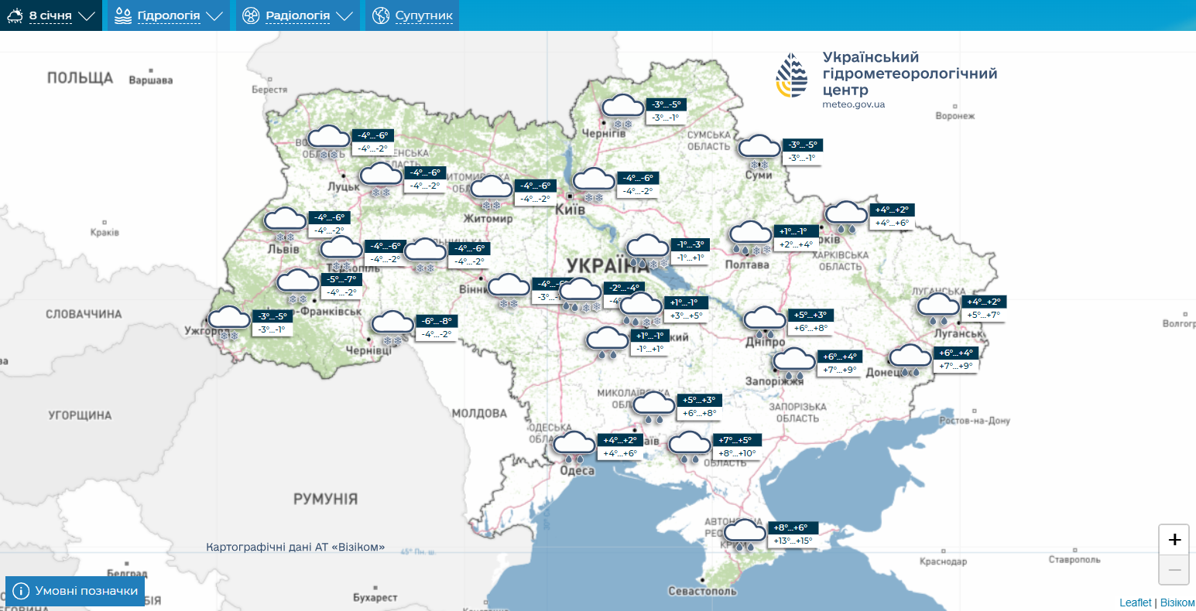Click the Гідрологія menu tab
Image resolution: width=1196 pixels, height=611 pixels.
pos(169,15)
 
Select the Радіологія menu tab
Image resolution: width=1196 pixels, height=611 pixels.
pos(297,15)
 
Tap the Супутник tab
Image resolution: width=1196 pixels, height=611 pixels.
pos(413,15)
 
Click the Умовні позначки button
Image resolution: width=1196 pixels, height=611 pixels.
pos(75,591)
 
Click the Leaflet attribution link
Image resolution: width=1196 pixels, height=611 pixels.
pos(1136,602)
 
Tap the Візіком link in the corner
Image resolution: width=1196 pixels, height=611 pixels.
pos(1177,602)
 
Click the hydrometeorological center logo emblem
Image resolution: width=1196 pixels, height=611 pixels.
pos(792,75)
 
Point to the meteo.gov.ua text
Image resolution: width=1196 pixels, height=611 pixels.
pos(853,104)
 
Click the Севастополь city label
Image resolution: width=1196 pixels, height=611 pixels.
pos(703,591)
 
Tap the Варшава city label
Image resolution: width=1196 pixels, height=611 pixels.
pos(151,80)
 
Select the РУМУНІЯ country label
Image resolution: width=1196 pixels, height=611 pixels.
pos(325,499)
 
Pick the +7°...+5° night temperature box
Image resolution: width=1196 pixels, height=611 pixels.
pos(735,440)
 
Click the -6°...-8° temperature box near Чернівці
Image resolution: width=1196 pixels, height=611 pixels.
pos(437,321)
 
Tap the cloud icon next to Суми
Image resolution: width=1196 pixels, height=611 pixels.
pos(759,146)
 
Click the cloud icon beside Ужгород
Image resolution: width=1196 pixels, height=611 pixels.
pos(229,318)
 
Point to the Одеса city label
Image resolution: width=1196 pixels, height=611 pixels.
pos(577,470)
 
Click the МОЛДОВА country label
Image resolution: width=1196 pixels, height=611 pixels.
pos(479,413)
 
